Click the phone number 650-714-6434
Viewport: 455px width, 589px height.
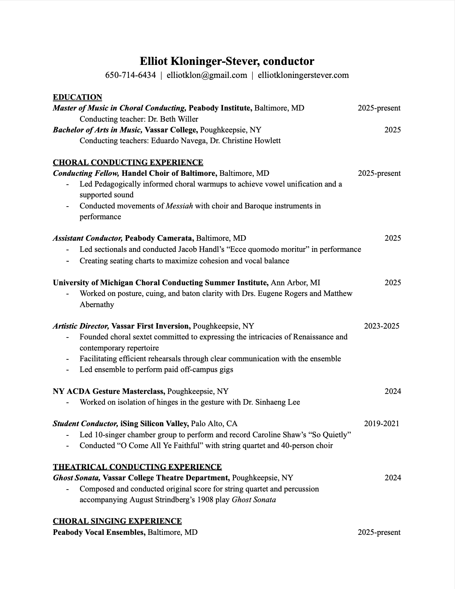point(130,75)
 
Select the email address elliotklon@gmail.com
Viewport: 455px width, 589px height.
point(207,75)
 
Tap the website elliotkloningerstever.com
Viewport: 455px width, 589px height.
point(303,75)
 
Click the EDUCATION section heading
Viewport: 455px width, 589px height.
point(77,97)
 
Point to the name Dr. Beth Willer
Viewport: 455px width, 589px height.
point(173,119)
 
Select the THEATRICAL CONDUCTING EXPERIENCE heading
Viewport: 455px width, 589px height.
point(137,467)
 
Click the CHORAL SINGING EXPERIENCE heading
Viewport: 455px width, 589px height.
point(117,521)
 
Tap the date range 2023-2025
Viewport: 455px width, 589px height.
point(382,326)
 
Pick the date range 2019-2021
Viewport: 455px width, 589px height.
point(382,424)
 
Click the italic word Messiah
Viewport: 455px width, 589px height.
point(179,206)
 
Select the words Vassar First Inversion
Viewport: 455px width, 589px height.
point(151,326)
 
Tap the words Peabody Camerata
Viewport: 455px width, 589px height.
point(159,238)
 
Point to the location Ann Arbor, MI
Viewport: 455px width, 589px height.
point(295,283)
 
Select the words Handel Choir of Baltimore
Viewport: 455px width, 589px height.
point(169,173)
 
